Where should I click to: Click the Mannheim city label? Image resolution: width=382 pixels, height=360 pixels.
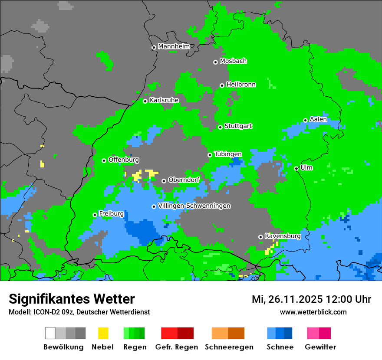[174, 46]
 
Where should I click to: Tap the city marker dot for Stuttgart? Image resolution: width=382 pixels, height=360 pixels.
[221, 127]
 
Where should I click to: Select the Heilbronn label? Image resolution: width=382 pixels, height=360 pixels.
[241, 85]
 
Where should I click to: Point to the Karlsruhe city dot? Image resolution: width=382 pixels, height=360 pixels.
[145, 101]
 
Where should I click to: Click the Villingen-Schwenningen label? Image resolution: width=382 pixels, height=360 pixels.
[194, 206]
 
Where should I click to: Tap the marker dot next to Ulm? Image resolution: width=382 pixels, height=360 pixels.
[296, 168]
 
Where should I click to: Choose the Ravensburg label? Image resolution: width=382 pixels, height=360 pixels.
[283, 236]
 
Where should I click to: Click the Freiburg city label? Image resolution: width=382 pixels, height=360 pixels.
[111, 213]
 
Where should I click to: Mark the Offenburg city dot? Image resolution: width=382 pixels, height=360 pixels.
[104, 160]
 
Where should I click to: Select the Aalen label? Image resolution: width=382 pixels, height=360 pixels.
[318, 119]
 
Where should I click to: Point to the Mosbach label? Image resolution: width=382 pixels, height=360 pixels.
[233, 61]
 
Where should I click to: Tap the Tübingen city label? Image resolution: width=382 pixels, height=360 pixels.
[228, 154]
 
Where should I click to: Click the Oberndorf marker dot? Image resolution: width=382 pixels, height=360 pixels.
[164, 181]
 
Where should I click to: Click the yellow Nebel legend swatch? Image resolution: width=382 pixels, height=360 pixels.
[103, 333]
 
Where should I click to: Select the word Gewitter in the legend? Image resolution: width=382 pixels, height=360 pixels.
[320, 347]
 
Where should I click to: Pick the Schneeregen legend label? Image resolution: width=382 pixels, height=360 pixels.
[229, 347]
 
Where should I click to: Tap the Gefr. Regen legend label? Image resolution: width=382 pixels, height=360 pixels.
[177, 347]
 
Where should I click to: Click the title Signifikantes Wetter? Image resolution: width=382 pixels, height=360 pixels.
[72, 299]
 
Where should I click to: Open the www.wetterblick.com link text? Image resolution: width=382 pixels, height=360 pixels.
[313, 312]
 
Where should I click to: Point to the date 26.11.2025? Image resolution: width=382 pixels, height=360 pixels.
[294, 299]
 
